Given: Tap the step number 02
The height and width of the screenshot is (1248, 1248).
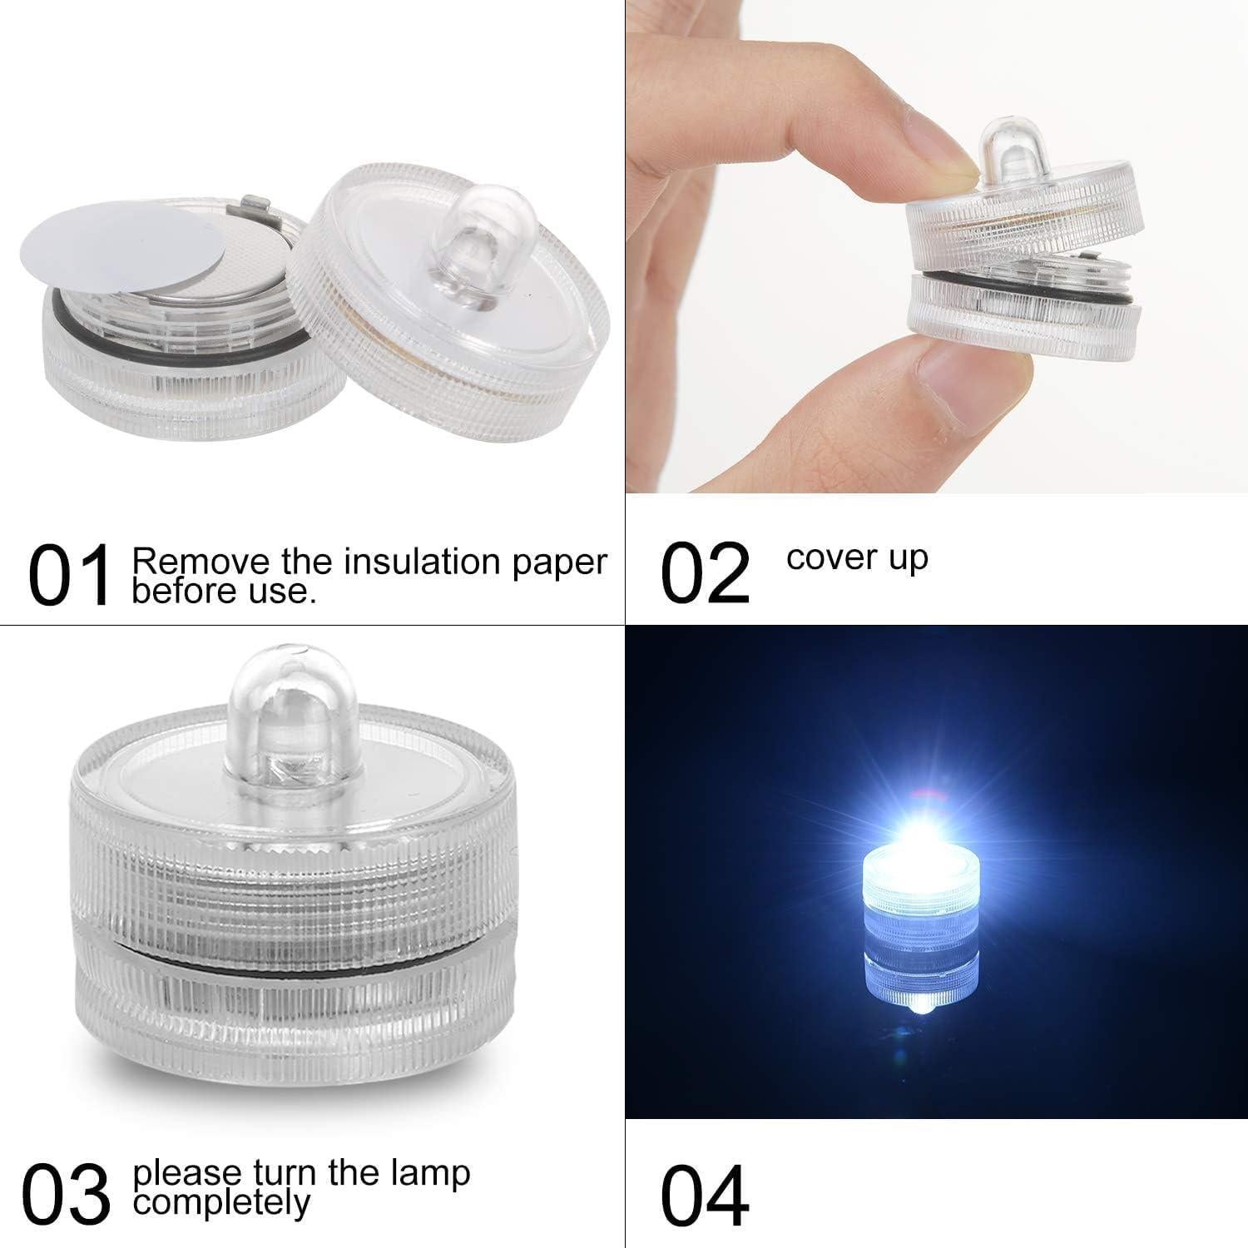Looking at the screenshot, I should [705, 573].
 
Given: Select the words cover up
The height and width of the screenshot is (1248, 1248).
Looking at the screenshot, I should [857, 557].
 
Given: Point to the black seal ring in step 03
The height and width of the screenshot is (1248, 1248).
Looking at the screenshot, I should [275, 970].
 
